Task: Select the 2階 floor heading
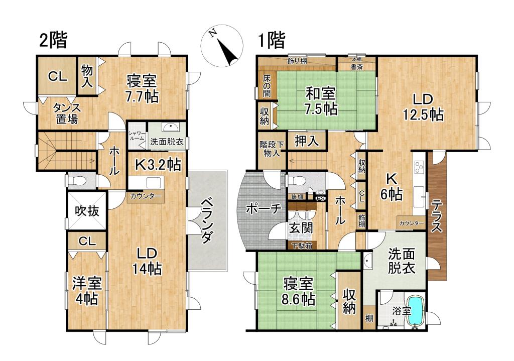(54, 40)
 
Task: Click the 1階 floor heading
(272, 40)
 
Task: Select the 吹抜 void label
(87, 211)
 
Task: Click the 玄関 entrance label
(301, 227)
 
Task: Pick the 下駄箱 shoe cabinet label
(302, 246)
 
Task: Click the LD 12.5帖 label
(423, 106)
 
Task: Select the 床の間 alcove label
(266, 86)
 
